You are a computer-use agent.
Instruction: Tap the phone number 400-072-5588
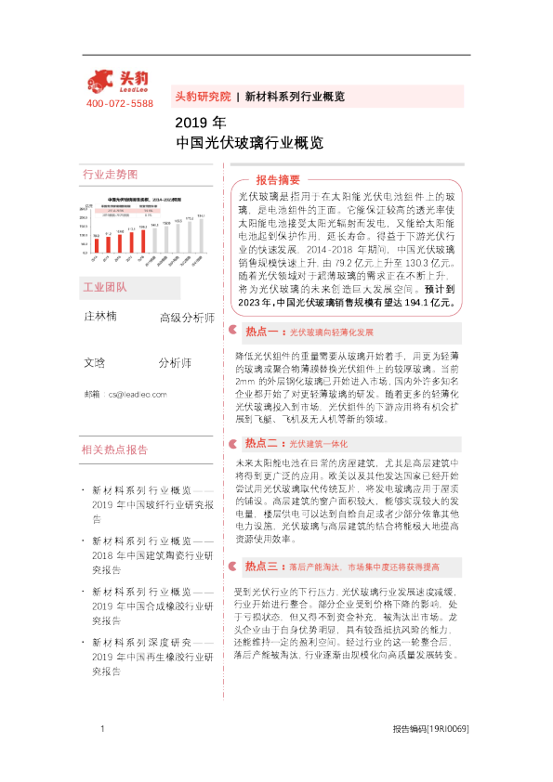pyautogui.click(x=119, y=103)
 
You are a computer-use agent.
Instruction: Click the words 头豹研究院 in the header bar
pyautogui.click(x=203, y=96)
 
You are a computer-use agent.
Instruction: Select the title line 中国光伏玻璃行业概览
pyautogui.click(x=249, y=144)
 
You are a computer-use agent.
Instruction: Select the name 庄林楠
pyautogui.click(x=100, y=317)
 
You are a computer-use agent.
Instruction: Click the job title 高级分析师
pyautogui.click(x=187, y=318)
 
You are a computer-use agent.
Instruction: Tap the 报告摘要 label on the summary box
pyautogui.click(x=278, y=179)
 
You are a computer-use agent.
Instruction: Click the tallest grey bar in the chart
pyautogui.click(x=202, y=235)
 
